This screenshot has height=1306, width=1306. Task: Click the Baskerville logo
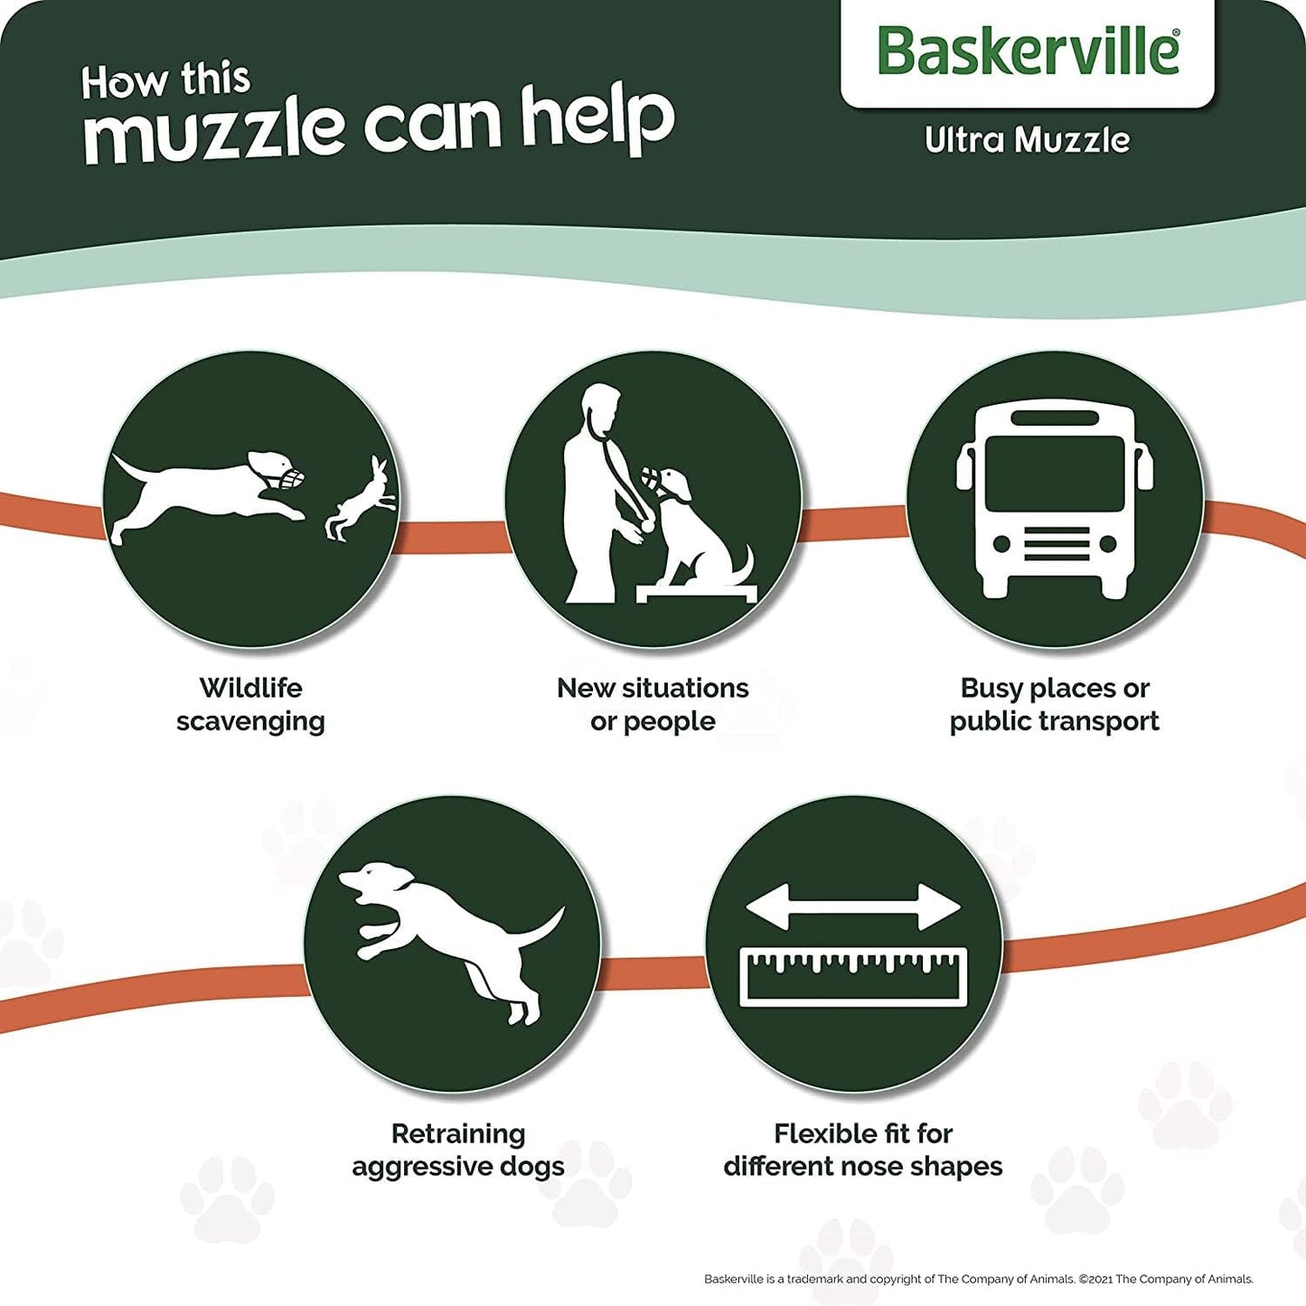pos(1028,51)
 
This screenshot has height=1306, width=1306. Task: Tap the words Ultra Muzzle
pos(1027,140)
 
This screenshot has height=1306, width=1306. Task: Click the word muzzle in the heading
pos(214,129)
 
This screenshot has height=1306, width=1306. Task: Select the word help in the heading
pos(597,119)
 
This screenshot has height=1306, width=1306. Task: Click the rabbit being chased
pos(362,501)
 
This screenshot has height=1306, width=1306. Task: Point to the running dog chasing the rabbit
pos(208,493)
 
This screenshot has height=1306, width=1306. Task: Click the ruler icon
pos(853,976)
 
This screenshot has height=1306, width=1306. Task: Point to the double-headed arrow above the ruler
pos(853,907)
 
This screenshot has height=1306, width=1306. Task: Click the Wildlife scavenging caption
pos(250,705)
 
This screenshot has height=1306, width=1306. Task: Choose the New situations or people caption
pos(653,705)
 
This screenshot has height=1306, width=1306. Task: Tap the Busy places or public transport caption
pos(1055,705)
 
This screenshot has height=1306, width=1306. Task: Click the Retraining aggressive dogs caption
pos(458,1150)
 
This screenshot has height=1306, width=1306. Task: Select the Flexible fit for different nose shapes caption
pos(863,1150)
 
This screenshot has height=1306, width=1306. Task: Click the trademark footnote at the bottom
pos(978,1279)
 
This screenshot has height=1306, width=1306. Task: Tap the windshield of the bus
pos(1055,474)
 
